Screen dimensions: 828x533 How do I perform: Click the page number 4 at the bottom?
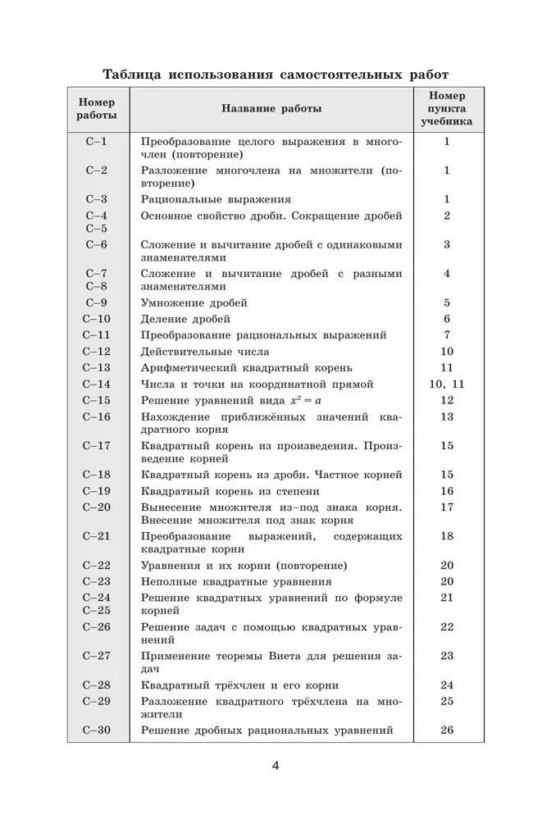[276, 766]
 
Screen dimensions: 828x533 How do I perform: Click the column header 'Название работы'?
[271, 108]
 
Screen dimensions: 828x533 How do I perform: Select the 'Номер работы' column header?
[97, 108]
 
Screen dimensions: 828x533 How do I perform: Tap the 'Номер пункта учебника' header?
[447, 108]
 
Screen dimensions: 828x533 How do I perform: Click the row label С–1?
[97, 142]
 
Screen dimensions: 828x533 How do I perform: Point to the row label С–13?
[97, 368]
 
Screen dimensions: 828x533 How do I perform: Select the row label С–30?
[97, 730]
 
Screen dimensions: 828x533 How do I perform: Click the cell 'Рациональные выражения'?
[216, 199]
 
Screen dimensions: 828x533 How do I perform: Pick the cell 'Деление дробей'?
[185, 319]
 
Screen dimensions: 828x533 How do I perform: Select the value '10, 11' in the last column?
[447, 384]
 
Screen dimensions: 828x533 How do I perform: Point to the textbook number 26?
[447, 730]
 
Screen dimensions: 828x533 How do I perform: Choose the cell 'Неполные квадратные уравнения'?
[236, 581]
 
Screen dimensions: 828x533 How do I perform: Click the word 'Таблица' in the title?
[130, 75]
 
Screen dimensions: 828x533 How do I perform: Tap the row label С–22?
[97, 566]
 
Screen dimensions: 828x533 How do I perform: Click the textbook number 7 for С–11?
[447, 335]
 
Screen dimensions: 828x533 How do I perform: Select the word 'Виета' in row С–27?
[309, 656]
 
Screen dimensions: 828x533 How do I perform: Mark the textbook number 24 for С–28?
[447, 685]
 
